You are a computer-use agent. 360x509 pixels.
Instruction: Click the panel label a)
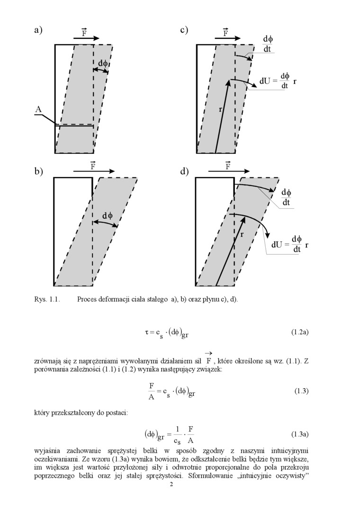(x=38, y=30)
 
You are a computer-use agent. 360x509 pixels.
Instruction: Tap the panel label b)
(x=38, y=171)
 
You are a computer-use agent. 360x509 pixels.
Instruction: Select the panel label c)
(x=184, y=30)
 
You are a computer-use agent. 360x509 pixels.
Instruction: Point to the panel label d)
(x=184, y=171)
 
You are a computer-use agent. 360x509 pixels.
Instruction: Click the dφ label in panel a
(x=103, y=63)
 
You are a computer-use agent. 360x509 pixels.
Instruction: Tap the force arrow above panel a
(x=87, y=38)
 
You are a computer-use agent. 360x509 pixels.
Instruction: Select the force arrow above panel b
(x=94, y=171)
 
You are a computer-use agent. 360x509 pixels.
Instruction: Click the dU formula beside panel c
(x=278, y=81)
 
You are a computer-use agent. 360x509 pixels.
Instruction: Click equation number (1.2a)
(x=300, y=333)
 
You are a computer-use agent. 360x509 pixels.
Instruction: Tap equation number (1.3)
(x=301, y=391)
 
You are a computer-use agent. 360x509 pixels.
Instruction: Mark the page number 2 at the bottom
(x=172, y=484)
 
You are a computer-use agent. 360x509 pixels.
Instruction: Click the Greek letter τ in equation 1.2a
(x=147, y=332)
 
